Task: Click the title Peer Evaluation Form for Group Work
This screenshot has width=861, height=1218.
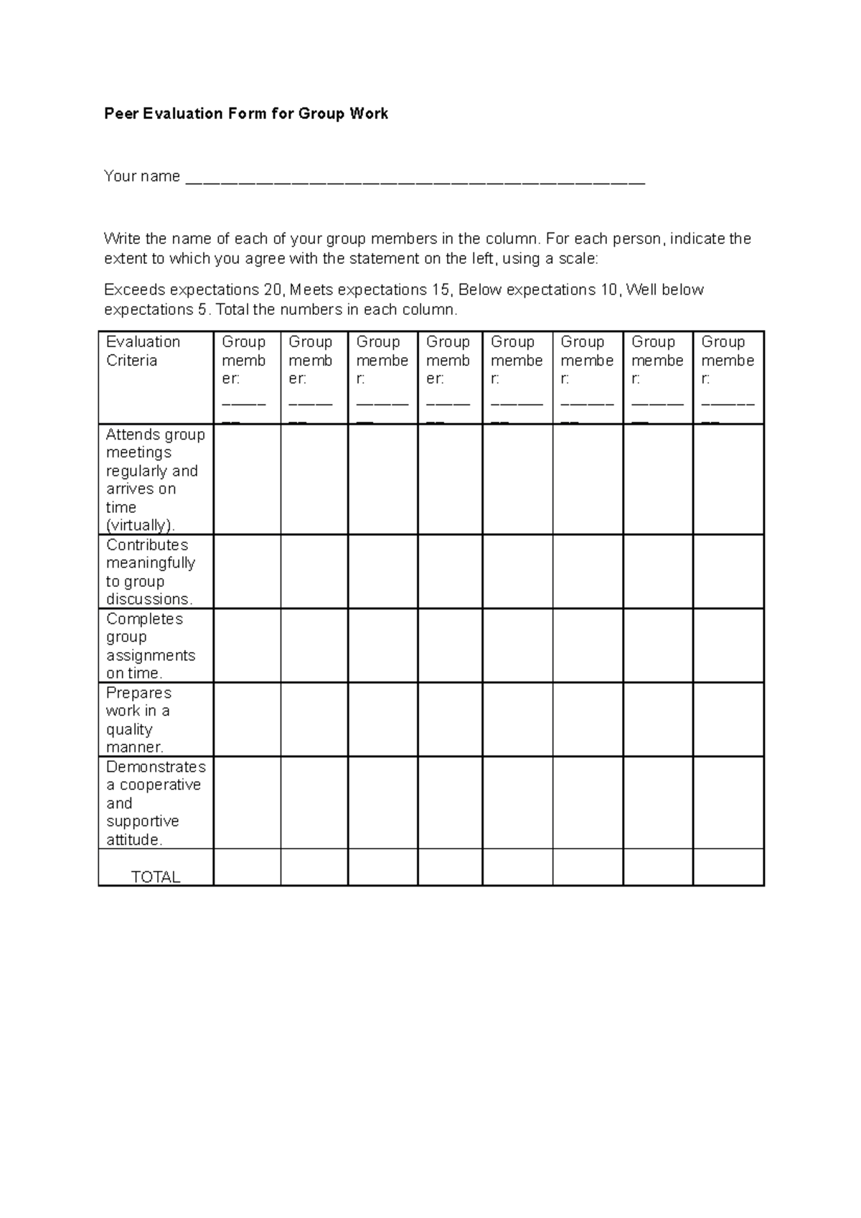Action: (246, 113)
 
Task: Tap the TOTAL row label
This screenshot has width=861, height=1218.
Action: (156, 877)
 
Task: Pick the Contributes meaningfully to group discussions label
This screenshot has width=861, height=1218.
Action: (150, 572)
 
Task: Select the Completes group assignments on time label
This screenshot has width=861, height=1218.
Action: (150, 646)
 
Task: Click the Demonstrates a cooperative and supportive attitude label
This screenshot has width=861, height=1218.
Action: (155, 803)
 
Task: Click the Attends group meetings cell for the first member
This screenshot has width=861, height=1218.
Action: (247, 479)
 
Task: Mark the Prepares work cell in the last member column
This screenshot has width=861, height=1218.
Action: (728, 719)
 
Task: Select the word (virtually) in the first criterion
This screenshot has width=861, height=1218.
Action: (140, 526)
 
